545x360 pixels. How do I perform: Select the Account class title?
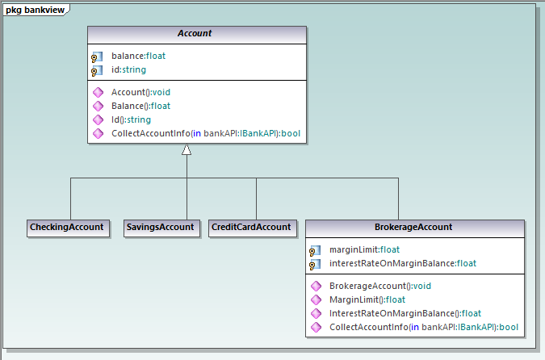tap(196, 34)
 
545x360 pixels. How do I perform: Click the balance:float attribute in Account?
tap(138, 57)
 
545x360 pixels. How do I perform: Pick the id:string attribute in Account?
tap(128, 70)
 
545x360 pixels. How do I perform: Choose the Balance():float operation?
tap(140, 106)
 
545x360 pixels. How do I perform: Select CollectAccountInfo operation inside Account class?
tap(206, 133)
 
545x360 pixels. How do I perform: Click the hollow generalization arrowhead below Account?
tap(187, 150)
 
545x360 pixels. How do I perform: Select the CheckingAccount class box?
tap(67, 227)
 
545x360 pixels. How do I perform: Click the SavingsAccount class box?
tap(161, 227)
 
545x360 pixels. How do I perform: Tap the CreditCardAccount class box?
tap(251, 227)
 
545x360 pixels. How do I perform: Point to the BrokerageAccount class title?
tap(413, 228)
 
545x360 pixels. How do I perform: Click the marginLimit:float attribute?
tap(364, 249)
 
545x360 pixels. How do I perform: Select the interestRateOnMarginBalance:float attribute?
tap(402, 263)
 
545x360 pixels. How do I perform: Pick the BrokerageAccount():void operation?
tap(380, 286)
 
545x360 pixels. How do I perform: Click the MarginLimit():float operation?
tap(367, 299)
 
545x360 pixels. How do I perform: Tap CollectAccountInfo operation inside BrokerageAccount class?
tap(423, 327)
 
